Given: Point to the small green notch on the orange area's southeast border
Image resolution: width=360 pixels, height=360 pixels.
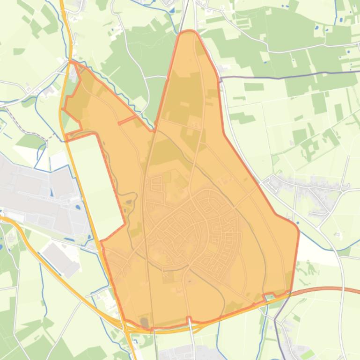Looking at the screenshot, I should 270,296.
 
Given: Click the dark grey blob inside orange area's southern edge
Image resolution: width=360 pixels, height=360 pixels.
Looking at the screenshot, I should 144,322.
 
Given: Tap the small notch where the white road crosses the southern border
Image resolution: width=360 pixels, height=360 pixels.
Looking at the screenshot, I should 189,319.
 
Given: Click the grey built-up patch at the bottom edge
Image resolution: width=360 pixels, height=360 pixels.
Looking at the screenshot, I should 178,353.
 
